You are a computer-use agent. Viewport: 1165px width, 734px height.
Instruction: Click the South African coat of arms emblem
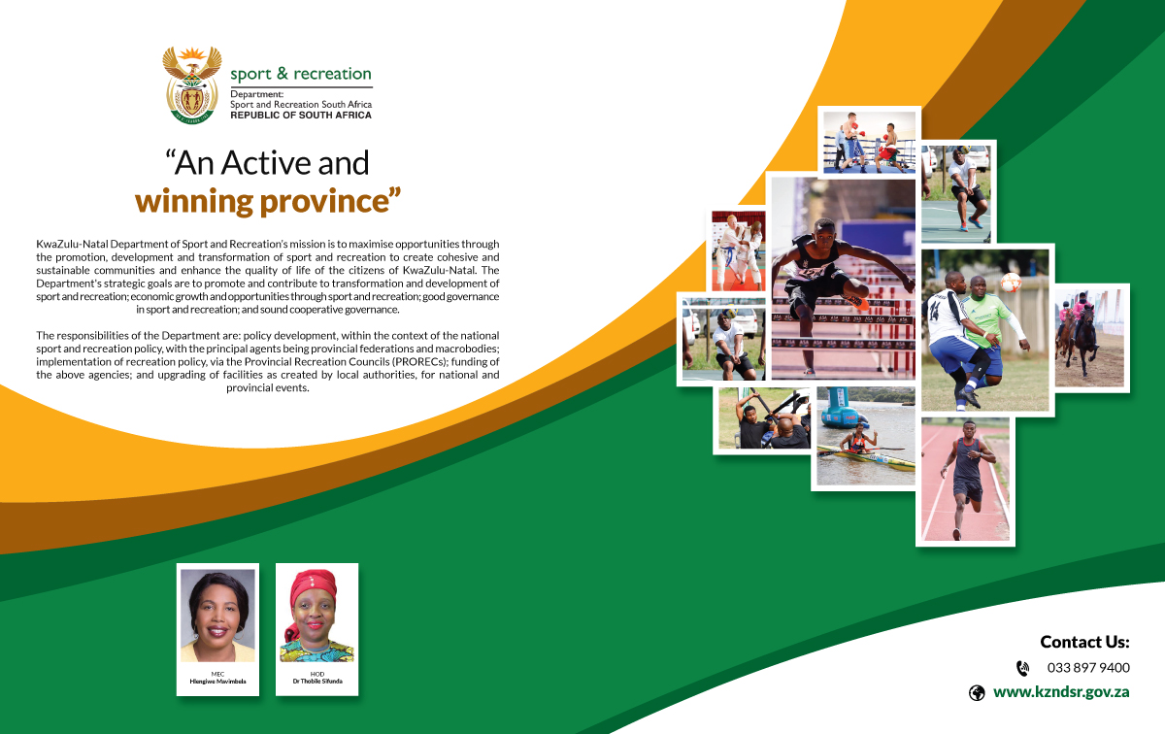[192, 84]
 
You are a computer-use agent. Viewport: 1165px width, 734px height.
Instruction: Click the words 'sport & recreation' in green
[301, 74]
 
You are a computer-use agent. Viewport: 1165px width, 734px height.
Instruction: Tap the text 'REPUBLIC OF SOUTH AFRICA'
[301, 116]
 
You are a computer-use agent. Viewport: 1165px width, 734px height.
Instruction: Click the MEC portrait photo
[217, 616]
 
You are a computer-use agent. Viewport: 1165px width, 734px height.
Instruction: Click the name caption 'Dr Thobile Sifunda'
[317, 681]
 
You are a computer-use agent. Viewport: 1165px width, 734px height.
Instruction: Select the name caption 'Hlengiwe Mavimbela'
[217, 681]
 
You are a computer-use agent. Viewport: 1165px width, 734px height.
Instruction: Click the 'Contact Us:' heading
[1085, 642]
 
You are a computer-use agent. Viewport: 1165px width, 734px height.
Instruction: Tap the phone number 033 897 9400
[1088, 667]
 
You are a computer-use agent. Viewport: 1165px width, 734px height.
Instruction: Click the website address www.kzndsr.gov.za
[1061, 692]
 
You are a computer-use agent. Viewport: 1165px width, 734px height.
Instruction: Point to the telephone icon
[1022, 668]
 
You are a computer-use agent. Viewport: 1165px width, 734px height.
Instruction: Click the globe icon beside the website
[977, 693]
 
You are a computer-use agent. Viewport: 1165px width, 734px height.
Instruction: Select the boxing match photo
[870, 142]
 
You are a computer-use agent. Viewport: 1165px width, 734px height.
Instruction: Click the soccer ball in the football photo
[1011, 282]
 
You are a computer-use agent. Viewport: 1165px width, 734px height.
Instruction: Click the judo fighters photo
[739, 250]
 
